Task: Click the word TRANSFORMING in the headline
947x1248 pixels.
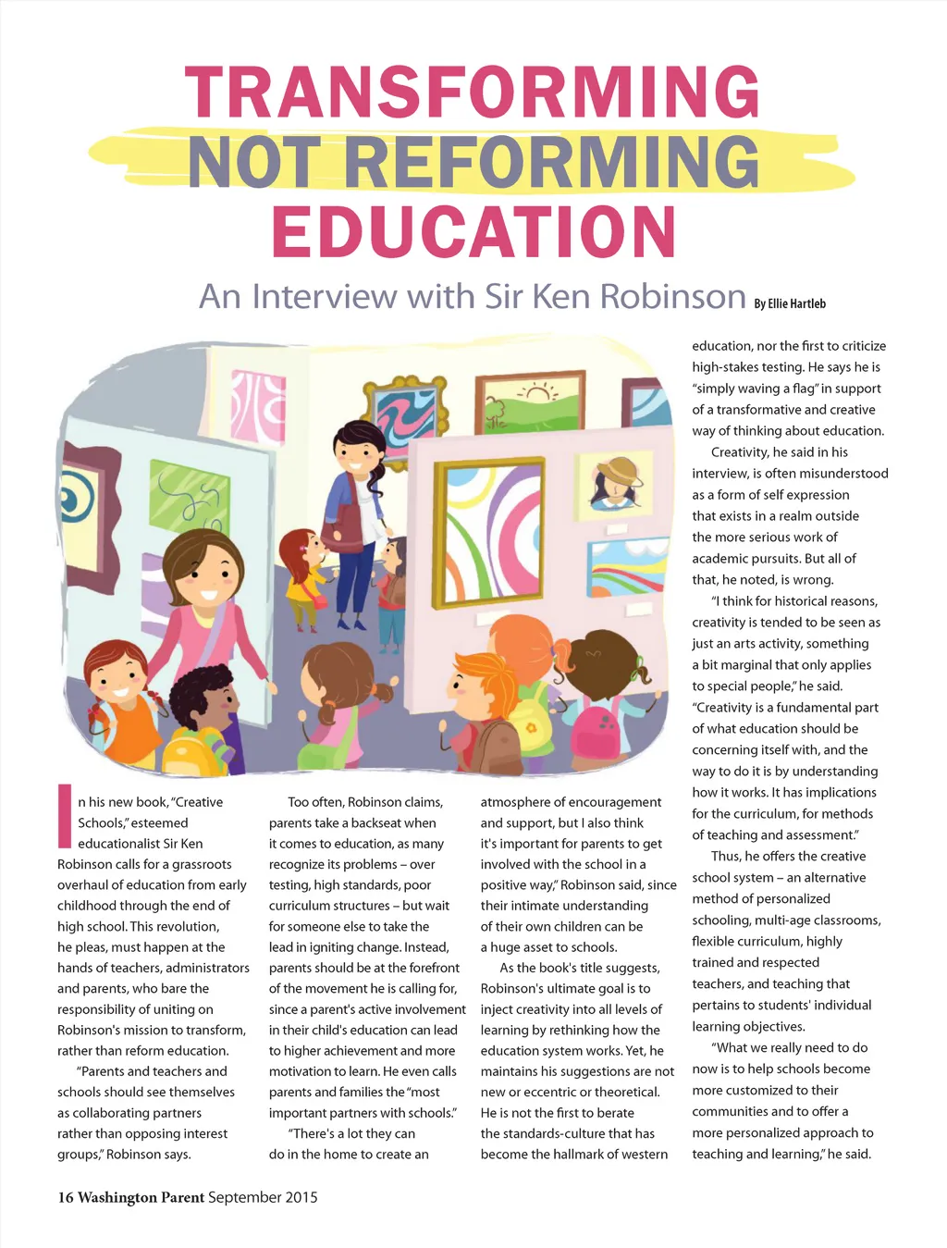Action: coord(473,93)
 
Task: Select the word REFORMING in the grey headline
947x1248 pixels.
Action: coord(551,163)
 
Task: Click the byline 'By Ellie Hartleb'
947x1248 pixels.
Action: coord(789,303)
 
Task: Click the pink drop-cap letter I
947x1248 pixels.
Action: coord(65,816)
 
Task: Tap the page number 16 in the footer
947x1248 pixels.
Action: coord(66,1197)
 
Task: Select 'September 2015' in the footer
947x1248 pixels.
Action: coord(263,1197)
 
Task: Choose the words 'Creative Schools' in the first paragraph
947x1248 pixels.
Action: coord(176,812)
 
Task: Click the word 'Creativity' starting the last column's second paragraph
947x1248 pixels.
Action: coord(740,452)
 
